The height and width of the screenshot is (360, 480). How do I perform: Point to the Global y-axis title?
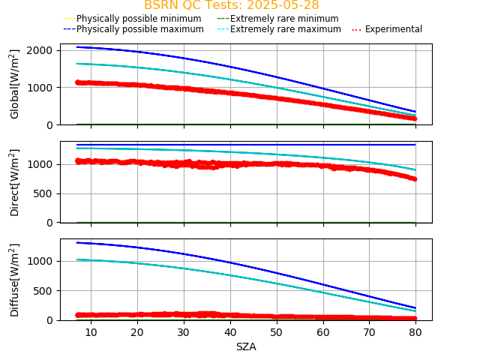[15, 84]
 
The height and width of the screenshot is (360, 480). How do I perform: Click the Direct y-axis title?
[15, 182]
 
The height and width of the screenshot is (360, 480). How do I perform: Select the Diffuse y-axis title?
[15, 280]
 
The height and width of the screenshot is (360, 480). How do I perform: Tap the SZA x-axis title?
[246, 347]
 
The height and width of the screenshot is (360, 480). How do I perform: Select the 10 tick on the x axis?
[91, 332]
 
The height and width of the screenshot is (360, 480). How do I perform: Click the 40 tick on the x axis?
[230, 332]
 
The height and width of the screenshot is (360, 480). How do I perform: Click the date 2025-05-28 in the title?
[283, 5]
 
